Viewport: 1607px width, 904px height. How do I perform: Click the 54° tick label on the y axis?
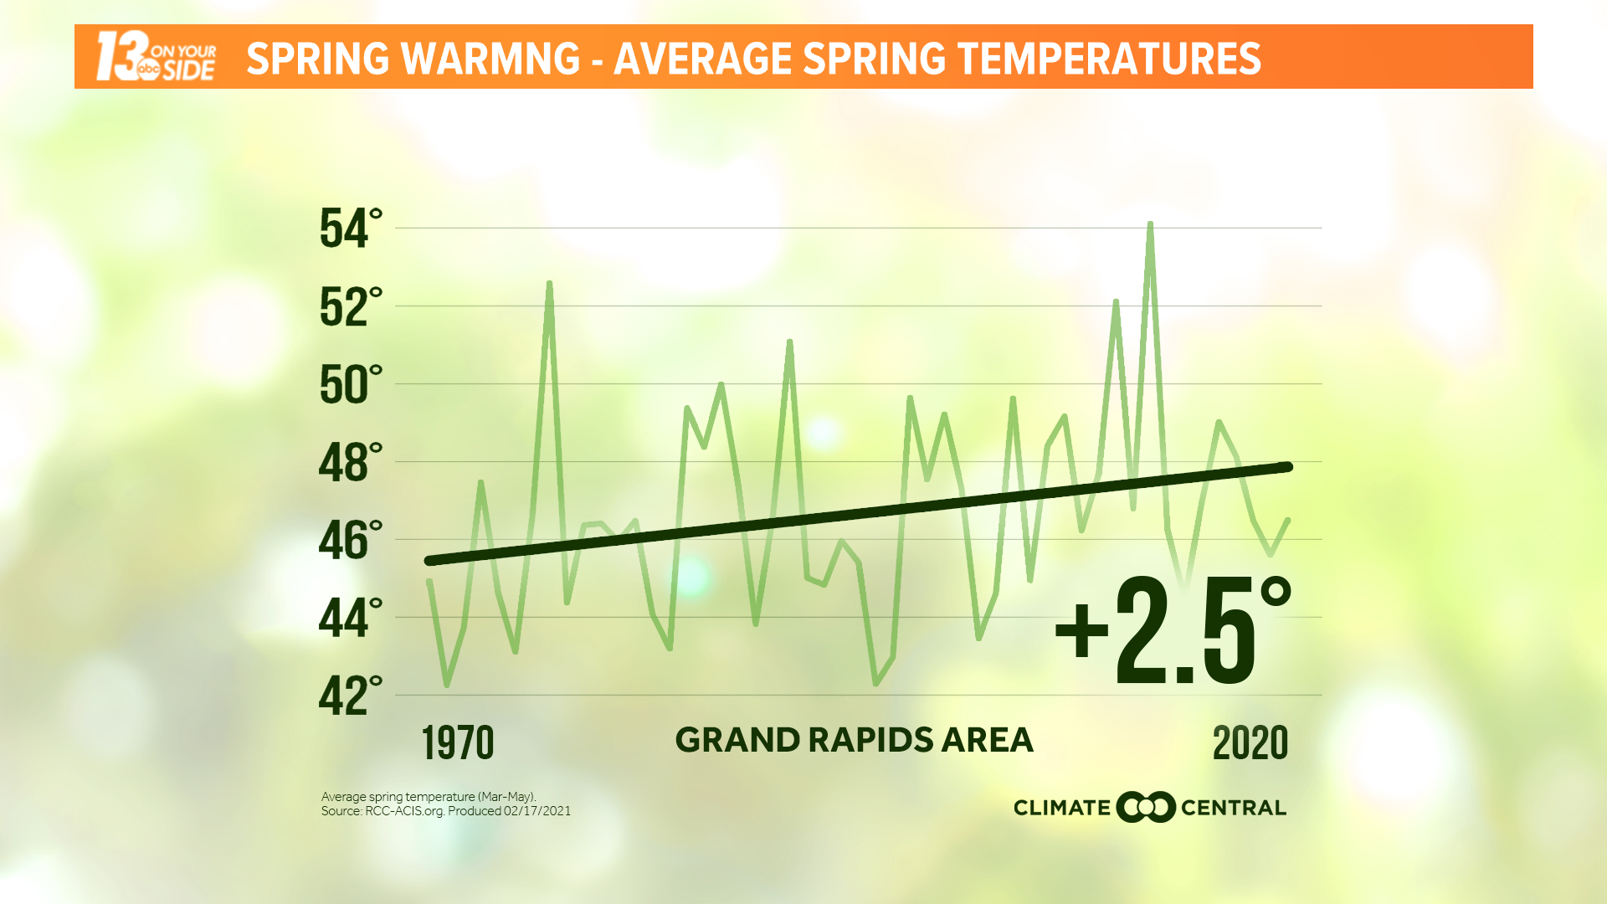click(x=350, y=229)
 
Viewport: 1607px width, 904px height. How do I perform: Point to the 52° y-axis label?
click(x=350, y=306)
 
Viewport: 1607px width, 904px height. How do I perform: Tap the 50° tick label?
click(x=350, y=384)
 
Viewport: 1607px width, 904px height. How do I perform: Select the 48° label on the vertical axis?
click(x=350, y=462)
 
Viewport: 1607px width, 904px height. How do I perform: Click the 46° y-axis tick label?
click(x=350, y=540)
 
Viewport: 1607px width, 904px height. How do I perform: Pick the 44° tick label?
click(x=350, y=618)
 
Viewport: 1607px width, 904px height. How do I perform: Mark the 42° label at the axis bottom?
click(x=350, y=696)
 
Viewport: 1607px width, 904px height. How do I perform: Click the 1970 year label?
click(x=457, y=743)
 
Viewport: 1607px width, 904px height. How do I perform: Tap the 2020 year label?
click(x=1250, y=743)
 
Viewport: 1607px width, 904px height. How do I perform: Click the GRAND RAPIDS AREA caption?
click(x=854, y=740)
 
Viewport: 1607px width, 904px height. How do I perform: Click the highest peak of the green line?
click(x=1150, y=224)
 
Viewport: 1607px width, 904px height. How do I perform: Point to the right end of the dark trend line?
click(x=1288, y=467)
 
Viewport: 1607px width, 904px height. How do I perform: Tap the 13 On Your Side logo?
click(x=156, y=57)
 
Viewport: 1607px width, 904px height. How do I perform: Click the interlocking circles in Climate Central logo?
click(x=1146, y=807)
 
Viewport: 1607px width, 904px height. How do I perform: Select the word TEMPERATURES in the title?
click(x=1109, y=59)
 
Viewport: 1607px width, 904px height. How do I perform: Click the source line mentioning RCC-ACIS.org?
click(x=445, y=811)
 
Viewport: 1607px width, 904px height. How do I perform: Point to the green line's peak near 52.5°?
click(x=549, y=284)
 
